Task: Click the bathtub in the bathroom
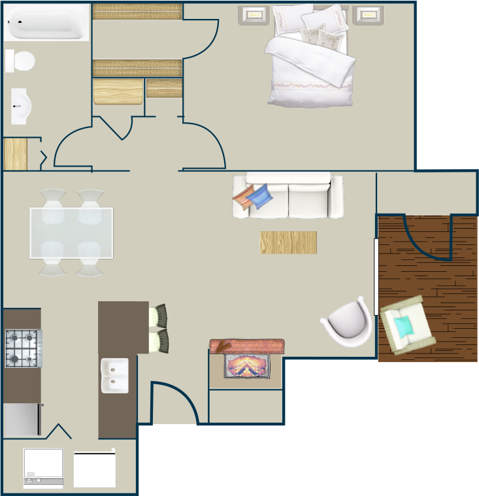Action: coord(46,22)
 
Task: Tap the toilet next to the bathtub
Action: coord(20,61)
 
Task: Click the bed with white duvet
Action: coord(310,59)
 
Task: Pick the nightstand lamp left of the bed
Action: coord(254,14)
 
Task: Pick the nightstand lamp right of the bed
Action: coord(369,14)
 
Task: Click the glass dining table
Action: coord(71,233)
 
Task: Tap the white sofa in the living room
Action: coord(289,196)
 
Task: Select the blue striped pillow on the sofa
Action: coord(261,196)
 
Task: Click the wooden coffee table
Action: coord(288,242)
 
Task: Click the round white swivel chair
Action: coord(348,322)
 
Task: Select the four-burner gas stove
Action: coord(23,348)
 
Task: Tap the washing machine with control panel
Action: coord(43,468)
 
